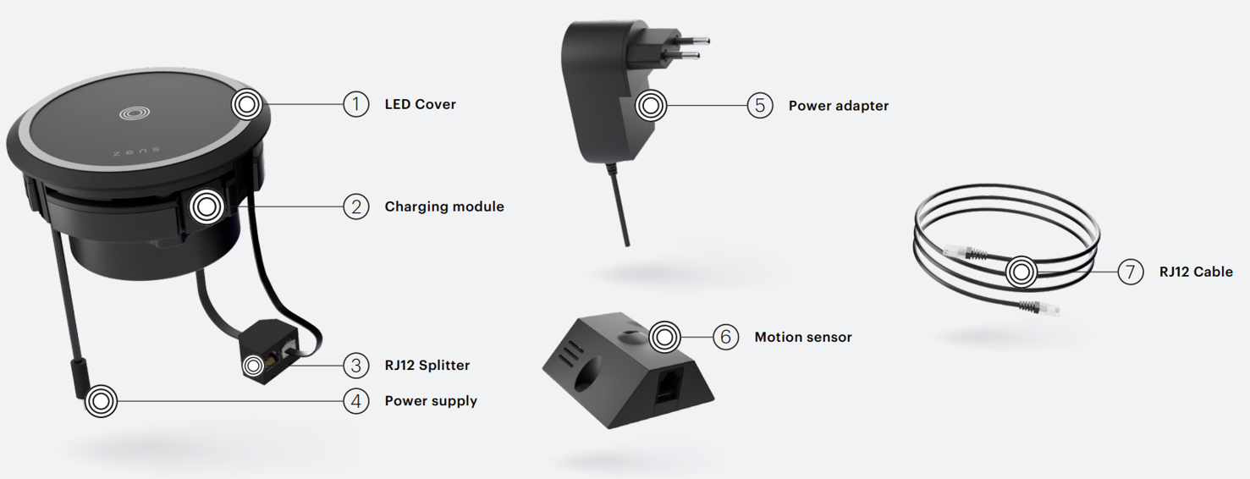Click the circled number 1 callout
click(355, 104)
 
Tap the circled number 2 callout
click(355, 206)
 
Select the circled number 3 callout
click(355, 366)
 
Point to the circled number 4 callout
click(355, 401)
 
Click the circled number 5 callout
click(759, 106)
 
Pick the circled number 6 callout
click(725, 337)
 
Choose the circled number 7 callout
click(1130, 272)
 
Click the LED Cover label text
click(421, 104)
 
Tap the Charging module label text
click(444, 206)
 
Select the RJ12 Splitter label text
click(427, 366)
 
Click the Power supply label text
click(431, 401)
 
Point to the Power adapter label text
click(838, 106)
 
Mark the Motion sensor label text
click(803, 337)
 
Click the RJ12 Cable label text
click(1196, 272)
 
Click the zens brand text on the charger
click(137, 151)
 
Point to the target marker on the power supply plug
click(101, 401)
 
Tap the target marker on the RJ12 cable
click(1021, 273)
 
